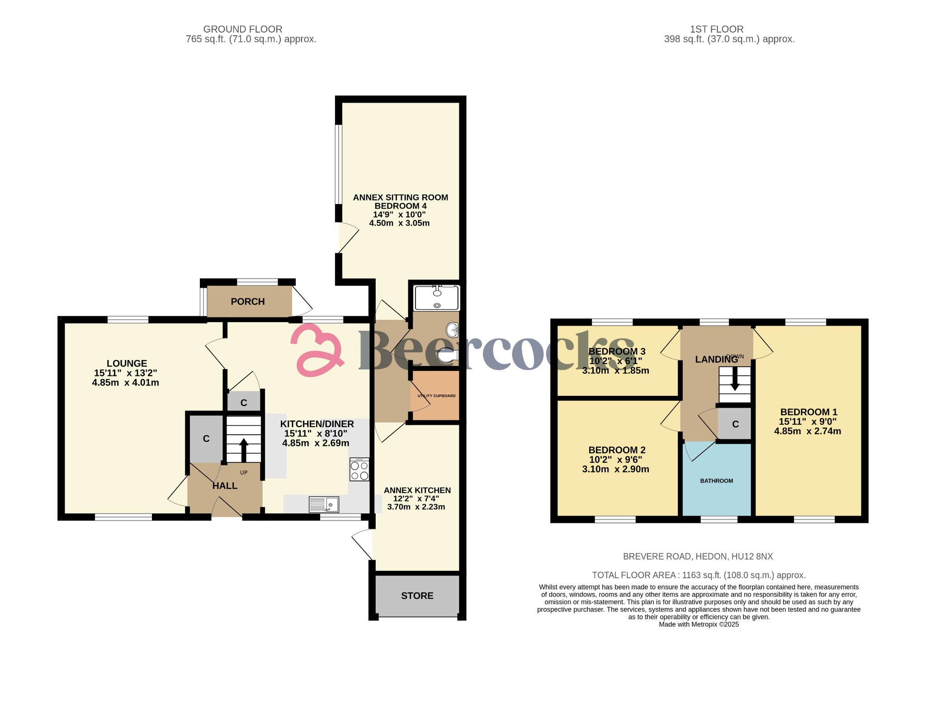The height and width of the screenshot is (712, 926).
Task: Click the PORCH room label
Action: pos(248,302)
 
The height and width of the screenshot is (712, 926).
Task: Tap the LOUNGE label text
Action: pos(127,363)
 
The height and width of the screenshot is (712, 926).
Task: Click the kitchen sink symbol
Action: pos(324,504)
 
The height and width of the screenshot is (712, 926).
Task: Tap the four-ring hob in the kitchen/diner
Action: pos(359,470)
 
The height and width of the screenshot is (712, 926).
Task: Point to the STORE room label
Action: pos(417,596)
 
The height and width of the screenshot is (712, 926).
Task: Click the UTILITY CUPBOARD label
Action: pos(436,396)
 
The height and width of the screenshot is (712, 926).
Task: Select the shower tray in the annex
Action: pos(437,298)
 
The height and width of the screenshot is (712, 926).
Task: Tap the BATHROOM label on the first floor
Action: pos(717,481)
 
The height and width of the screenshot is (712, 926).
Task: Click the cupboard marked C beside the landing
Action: pos(735,424)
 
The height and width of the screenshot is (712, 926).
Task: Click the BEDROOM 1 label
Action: pos(808,412)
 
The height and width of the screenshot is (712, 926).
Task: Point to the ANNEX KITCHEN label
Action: pos(417,490)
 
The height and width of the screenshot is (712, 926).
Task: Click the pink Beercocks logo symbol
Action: pos(317,351)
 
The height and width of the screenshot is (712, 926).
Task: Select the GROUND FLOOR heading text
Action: pos(243,29)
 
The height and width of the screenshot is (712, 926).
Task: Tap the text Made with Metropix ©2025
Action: pos(699,624)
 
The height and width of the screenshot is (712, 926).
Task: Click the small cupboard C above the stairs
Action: pos(244,403)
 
